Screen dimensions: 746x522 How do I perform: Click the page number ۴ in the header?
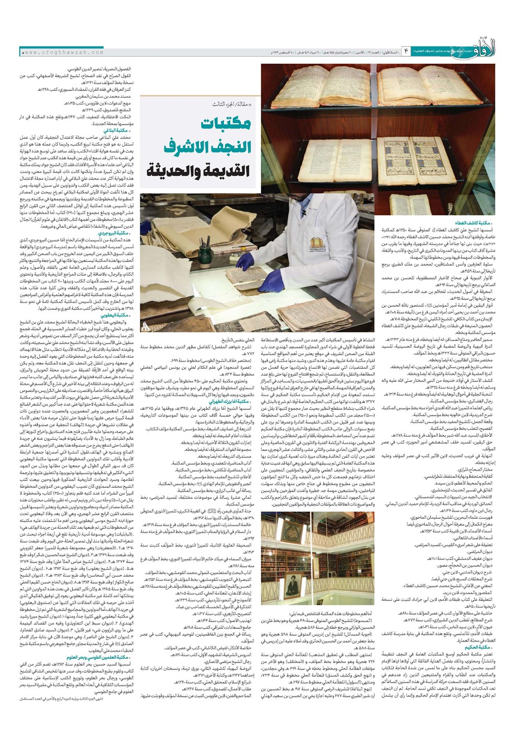click(406, 51)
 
